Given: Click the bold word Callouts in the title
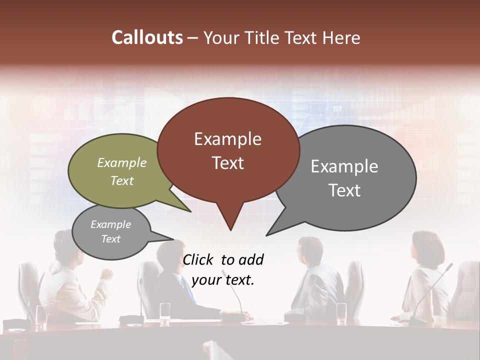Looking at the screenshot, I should tap(147, 37).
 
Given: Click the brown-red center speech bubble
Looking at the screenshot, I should tap(228, 150).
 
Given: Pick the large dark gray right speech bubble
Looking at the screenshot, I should tap(350, 178).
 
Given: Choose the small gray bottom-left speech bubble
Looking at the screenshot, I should tap(111, 232).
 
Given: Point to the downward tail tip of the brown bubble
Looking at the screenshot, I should tap(230, 230).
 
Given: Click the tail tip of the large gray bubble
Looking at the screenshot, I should tap(267, 235).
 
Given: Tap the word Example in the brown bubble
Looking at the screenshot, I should tap(228, 139).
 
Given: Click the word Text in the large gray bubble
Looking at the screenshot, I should tap(344, 190).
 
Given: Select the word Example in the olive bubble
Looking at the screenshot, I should tap(122, 163).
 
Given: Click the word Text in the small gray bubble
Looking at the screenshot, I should tap(111, 239).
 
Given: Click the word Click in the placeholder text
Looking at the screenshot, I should tap(199, 259).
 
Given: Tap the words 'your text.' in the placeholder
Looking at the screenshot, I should tap(223, 280).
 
